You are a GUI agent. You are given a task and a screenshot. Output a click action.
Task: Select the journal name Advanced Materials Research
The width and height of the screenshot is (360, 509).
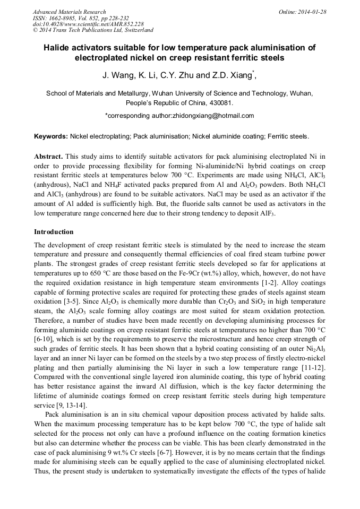point(69,12)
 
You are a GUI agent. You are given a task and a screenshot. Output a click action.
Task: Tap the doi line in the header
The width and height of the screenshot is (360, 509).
point(88,24)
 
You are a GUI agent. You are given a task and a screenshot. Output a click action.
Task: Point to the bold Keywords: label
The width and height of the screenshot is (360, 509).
point(50,136)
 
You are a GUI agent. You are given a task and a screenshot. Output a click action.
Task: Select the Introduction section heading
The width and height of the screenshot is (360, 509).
point(54,232)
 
